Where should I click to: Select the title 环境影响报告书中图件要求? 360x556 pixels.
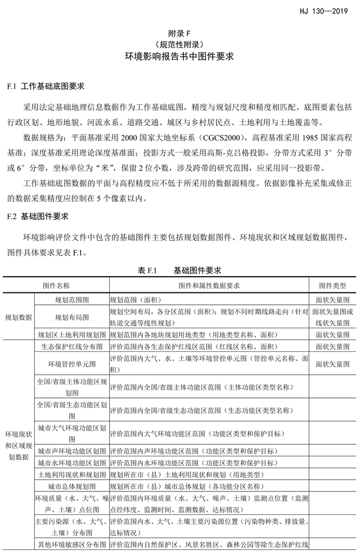click(179, 57)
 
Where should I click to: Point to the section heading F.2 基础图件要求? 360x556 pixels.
click(42, 215)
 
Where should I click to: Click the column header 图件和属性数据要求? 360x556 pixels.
click(209, 286)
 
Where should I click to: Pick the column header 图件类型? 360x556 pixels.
click(332, 286)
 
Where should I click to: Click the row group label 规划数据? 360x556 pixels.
click(19, 317)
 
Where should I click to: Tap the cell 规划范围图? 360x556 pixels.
click(71, 300)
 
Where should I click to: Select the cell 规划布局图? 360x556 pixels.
click(71, 317)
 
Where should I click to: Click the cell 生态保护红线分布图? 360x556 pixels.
click(71, 347)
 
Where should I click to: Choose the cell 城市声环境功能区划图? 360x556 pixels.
click(71, 451)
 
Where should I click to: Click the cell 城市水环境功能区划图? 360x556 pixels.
click(71, 463)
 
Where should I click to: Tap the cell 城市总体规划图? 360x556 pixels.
click(71, 486)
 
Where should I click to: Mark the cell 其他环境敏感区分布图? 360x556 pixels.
click(71, 544)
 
